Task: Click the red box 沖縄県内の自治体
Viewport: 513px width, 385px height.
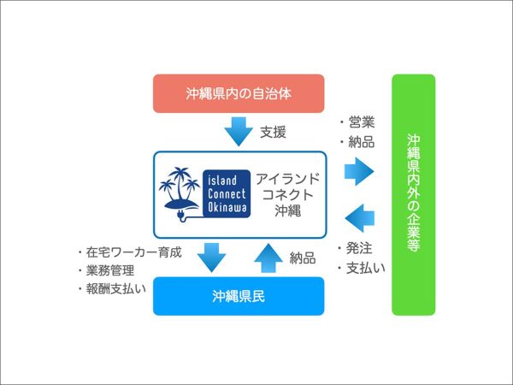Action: [239, 92]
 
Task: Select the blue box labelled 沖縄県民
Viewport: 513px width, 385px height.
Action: [239, 296]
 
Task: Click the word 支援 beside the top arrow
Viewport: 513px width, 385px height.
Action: [273, 133]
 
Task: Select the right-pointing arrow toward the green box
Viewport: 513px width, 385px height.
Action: [359, 171]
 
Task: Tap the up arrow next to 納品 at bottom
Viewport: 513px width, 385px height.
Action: [268, 256]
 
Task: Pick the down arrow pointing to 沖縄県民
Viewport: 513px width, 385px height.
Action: [209, 256]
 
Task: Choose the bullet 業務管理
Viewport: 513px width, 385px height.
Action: [106, 270]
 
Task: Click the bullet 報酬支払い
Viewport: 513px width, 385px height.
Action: [111, 289]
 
